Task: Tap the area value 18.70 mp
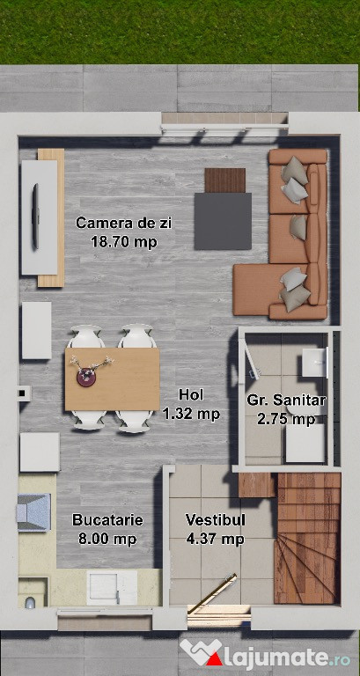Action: tap(124, 242)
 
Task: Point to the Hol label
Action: tap(191, 394)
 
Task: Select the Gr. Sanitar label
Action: tap(286, 400)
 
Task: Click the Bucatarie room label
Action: tap(107, 520)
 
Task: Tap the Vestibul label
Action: tap(215, 520)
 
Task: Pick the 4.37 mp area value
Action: tap(215, 539)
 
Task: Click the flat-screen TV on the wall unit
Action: tap(35, 216)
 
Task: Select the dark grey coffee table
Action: tap(223, 221)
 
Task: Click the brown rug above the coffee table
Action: tap(225, 180)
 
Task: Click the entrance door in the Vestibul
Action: tap(212, 594)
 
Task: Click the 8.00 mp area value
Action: tap(107, 539)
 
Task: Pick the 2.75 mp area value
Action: tap(286, 419)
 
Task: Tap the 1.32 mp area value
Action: tap(191, 414)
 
